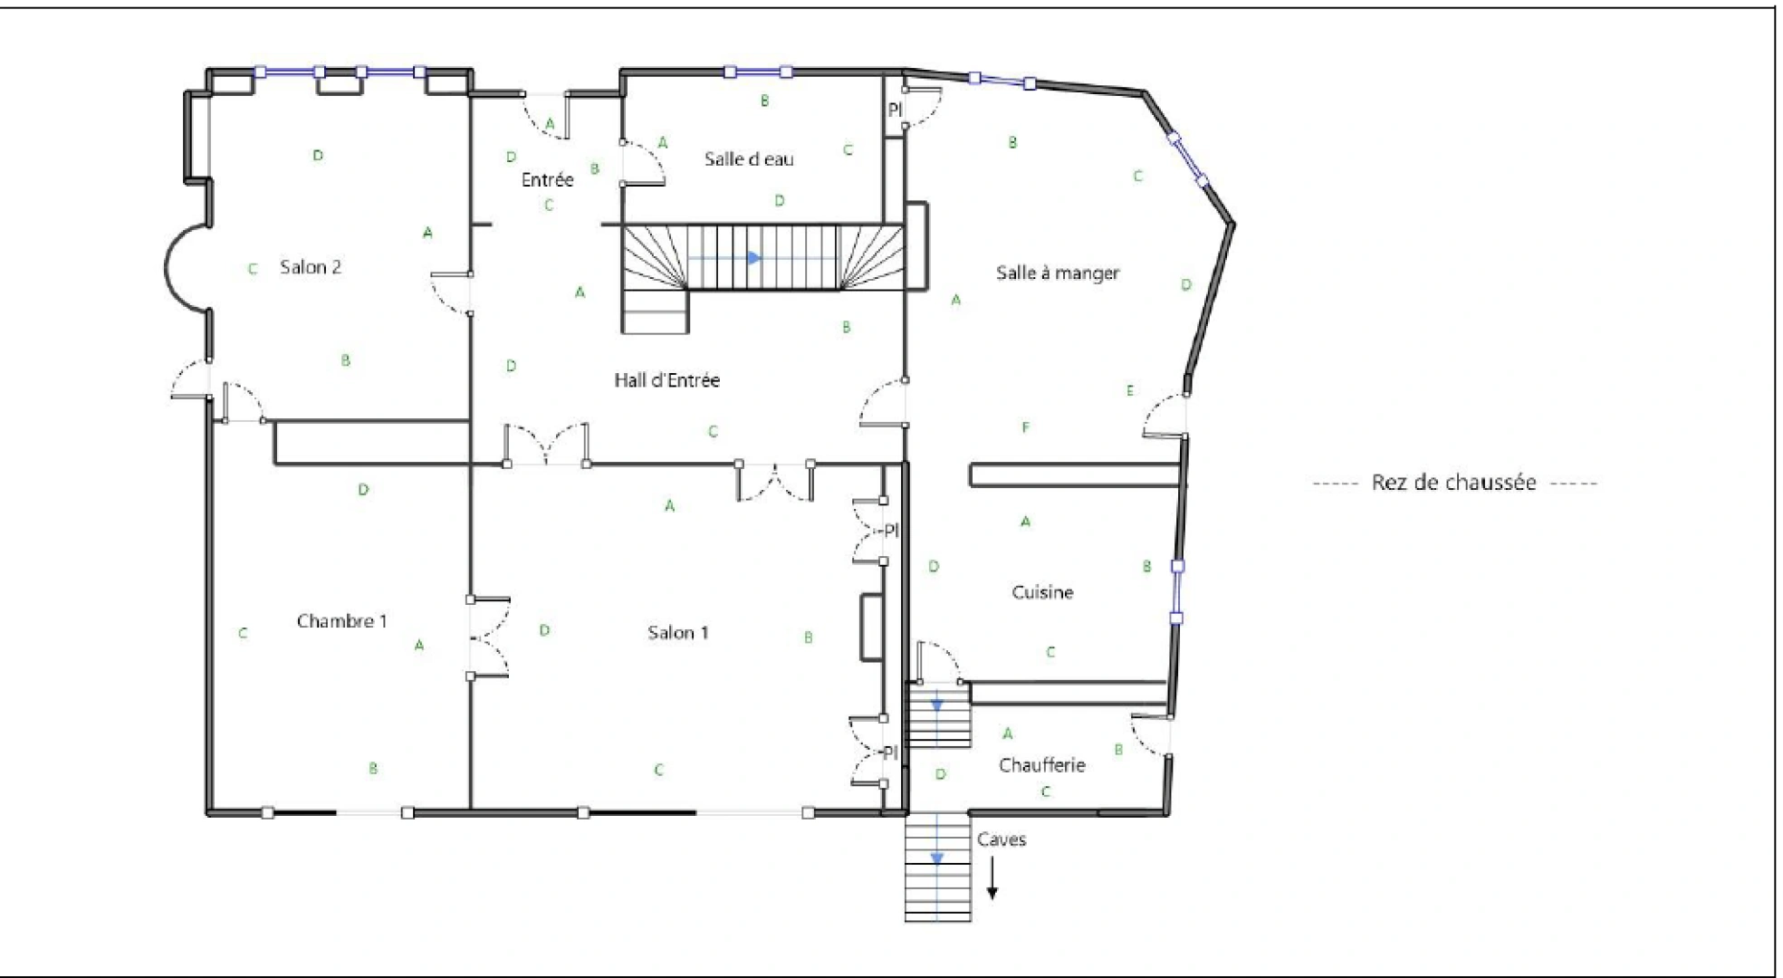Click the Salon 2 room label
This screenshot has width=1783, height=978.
(x=310, y=267)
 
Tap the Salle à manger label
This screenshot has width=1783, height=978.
(x=1057, y=273)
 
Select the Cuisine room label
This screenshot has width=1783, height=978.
(x=1042, y=592)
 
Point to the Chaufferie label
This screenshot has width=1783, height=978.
(x=1041, y=765)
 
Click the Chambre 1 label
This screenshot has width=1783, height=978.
(x=341, y=621)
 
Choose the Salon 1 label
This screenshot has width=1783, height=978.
(x=677, y=633)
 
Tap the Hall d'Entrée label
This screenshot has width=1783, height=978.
(x=666, y=380)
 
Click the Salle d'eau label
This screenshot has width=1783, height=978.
(x=749, y=159)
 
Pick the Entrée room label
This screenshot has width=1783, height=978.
(x=547, y=180)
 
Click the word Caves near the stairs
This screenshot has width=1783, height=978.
(x=1001, y=839)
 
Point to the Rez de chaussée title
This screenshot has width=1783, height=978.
(x=1453, y=483)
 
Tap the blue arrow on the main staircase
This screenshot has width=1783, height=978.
(x=753, y=258)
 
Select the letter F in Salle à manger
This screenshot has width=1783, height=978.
(x=1025, y=427)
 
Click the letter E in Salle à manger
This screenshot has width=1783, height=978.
(x=1129, y=391)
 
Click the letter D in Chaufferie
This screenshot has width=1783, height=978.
(x=941, y=774)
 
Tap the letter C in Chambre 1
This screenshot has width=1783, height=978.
(x=243, y=634)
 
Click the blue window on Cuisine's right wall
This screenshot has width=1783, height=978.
(x=1176, y=592)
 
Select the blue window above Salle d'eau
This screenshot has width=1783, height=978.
(x=758, y=72)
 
